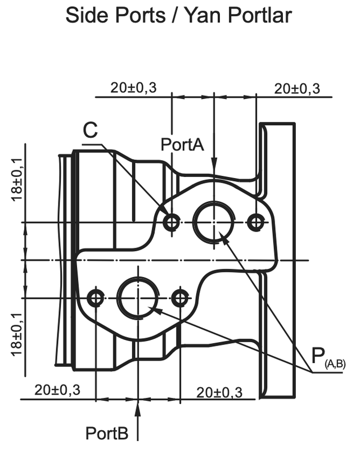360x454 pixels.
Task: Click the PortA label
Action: tap(182, 144)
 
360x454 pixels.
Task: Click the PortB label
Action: tap(107, 433)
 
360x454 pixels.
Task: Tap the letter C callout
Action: tap(90, 130)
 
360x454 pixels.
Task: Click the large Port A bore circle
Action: tap(193, 223)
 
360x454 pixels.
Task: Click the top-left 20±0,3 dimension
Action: tap(133, 88)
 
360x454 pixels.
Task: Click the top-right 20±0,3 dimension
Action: tap(297, 89)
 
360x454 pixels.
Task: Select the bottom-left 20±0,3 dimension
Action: tap(57, 390)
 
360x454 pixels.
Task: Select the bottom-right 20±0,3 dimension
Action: tap(219, 393)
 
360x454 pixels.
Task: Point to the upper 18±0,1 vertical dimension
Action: tap(17, 179)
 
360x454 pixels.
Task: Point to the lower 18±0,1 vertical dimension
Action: tap(17, 335)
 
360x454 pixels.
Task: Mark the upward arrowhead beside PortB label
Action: tap(138, 411)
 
